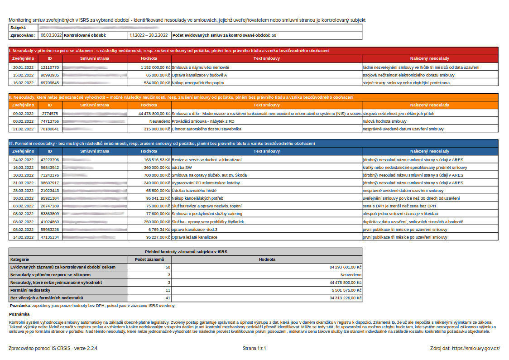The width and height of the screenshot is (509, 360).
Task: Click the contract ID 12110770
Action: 50,67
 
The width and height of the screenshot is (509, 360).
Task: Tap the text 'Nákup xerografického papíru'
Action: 198,83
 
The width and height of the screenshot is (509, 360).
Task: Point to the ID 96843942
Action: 50,167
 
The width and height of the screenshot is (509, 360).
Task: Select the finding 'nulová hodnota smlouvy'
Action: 385,121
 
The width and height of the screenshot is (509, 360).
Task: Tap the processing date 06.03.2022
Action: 51,35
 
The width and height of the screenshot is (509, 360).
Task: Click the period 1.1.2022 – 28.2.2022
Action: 148,35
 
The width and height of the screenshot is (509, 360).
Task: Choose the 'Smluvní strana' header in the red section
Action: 94,59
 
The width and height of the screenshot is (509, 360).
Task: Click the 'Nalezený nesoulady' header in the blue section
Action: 429,151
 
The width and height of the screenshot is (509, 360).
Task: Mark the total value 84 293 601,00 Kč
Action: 345,267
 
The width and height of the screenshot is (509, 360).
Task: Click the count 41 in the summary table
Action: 168,298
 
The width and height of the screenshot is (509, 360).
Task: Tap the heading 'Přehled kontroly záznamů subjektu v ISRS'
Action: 186,252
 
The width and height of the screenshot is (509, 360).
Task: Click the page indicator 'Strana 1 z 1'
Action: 254,348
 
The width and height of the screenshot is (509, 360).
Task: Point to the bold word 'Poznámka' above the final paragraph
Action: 19,314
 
